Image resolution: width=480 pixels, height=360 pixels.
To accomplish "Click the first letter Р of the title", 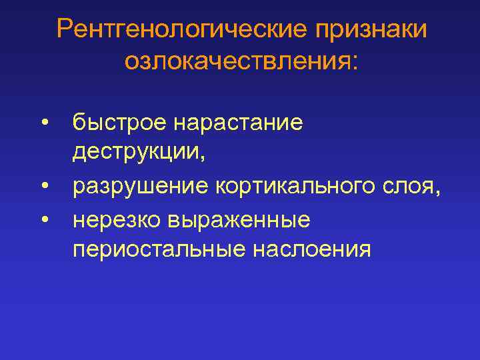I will pos(65,29).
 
